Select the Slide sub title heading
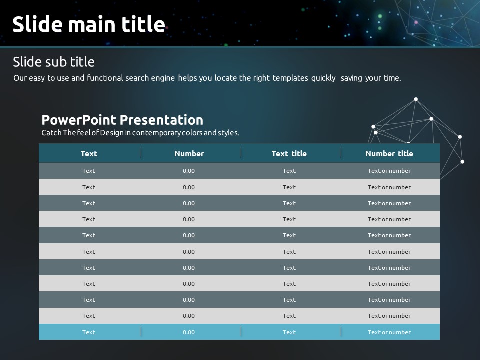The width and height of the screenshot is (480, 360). pyautogui.click(x=54, y=62)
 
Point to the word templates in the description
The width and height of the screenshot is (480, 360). pyautogui.click(x=290, y=78)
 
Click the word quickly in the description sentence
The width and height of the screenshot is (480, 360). pyautogui.click(x=323, y=78)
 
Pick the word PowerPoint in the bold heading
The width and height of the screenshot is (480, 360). pyautogui.click(x=79, y=120)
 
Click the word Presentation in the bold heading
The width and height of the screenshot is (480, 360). pyautogui.click(x=161, y=120)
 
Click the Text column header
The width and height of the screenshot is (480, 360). pyautogui.click(x=89, y=153)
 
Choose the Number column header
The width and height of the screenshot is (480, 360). pyautogui.click(x=189, y=153)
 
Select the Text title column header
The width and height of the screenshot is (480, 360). pyautogui.click(x=289, y=153)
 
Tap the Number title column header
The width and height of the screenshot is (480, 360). pyautogui.click(x=389, y=153)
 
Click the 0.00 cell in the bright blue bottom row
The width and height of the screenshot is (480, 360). pyautogui.click(x=189, y=332)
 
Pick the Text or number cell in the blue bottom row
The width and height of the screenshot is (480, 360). pyautogui.click(x=389, y=332)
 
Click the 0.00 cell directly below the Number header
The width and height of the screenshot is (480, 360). pyautogui.click(x=189, y=171)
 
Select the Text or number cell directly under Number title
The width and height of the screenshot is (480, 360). pyautogui.click(x=389, y=171)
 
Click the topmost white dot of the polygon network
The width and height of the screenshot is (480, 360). pyautogui.click(x=416, y=99)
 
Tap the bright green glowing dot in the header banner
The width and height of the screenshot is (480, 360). pyautogui.click(x=380, y=16)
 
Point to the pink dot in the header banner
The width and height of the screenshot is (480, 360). pyautogui.click(x=416, y=22)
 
